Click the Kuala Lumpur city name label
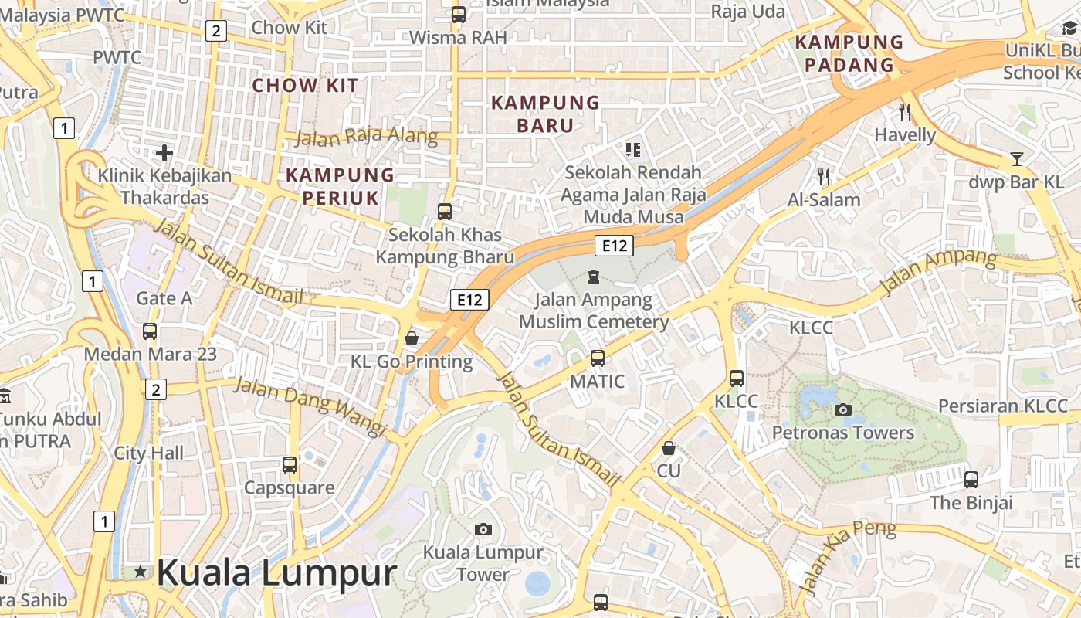276,573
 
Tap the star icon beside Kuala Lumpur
140,572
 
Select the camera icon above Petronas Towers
843,409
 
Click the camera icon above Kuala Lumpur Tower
483,529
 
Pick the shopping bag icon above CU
669,448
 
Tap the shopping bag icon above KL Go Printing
412,338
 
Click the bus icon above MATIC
598,358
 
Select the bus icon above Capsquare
290,465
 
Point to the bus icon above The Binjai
971,480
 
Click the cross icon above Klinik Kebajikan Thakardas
164,153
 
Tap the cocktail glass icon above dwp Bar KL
1017,160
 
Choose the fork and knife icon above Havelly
905,111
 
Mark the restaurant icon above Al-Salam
824,177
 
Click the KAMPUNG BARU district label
545,114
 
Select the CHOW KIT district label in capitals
306,85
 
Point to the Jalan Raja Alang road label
367,138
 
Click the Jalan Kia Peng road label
847,556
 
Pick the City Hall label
149,453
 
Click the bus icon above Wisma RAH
459,14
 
